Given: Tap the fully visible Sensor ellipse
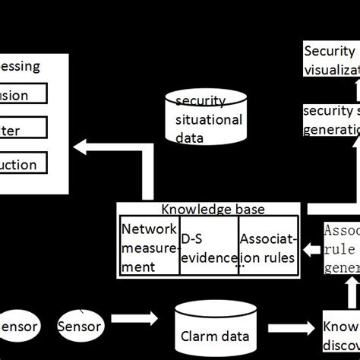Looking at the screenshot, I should [79, 327].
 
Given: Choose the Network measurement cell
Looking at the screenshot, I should [150, 247].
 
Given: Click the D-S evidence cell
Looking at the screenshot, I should [208, 247].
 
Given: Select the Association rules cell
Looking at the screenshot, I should [267, 247].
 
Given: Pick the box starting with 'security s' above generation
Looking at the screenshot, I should [331, 119].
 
